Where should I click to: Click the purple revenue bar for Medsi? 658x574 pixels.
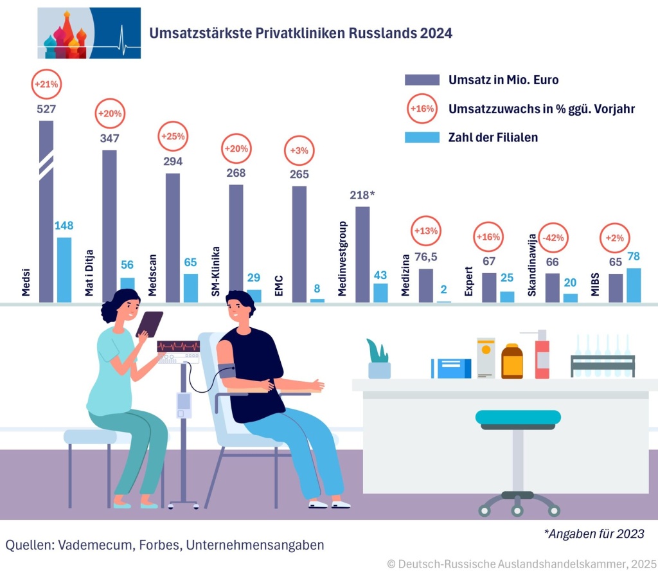click(x=46, y=212)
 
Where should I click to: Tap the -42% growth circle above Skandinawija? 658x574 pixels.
click(x=553, y=237)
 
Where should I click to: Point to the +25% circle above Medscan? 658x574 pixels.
click(x=173, y=136)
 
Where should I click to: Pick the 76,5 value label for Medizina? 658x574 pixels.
click(x=425, y=258)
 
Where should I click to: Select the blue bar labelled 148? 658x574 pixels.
click(x=64, y=270)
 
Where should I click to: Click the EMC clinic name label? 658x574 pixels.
click(x=279, y=285)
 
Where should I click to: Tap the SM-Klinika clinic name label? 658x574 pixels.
click(x=216, y=271)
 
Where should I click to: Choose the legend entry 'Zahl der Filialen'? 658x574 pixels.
click(x=493, y=137)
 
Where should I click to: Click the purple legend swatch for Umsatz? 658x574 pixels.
click(x=422, y=80)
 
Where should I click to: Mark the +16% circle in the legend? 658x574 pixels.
click(x=422, y=109)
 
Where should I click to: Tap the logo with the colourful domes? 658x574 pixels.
click(x=89, y=33)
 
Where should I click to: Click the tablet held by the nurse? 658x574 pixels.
click(x=149, y=323)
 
